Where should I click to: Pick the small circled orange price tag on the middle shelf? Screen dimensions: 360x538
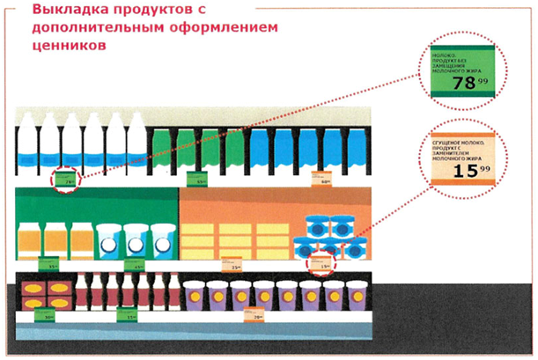pyautogui.click(x=323, y=262)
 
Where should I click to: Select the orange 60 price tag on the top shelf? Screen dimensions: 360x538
pyautogui.click(x=323, y=180)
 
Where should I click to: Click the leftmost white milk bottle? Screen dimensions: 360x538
pyautogui.click(x=27, y=144)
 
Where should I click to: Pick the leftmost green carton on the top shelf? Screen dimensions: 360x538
pyautogui.click(x=160, y=150)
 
